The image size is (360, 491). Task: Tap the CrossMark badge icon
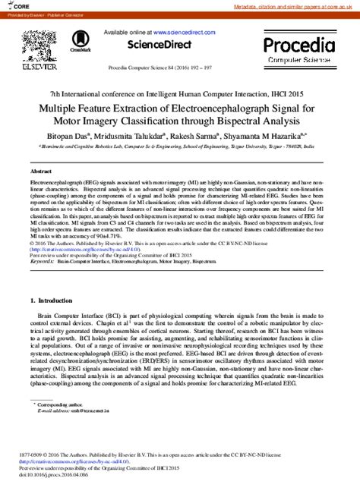79,42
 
